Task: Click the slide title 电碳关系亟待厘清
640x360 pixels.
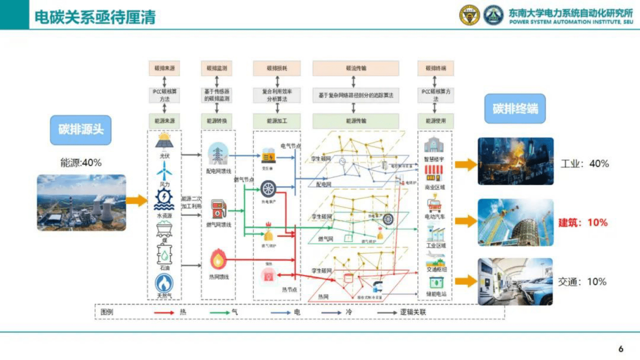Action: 95,17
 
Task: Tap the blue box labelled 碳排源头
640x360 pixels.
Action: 81,130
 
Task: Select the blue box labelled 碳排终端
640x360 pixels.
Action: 515,109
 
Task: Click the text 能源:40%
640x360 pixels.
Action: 81,163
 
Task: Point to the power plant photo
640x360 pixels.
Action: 81,203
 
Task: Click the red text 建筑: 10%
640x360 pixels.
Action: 583,222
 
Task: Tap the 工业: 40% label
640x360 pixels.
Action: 584,163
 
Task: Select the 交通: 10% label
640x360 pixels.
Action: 582,282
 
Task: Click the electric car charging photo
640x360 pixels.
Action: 515,282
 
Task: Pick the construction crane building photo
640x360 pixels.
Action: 515,222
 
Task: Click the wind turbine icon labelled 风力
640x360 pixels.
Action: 164,171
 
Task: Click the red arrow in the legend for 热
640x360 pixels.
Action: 164,312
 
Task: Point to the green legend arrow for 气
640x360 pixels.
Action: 220,312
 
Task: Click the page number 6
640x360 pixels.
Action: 621,349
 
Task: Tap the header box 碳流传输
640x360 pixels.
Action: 356,68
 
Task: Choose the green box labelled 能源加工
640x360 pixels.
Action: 277,121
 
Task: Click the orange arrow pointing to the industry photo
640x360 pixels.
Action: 466,164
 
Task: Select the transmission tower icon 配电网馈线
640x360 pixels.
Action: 218,154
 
